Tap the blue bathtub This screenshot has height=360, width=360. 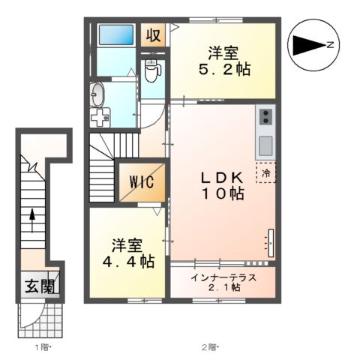(x=115, y=35)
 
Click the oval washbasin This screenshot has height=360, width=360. (x=97, y=94)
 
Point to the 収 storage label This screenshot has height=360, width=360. (x=153, y=34)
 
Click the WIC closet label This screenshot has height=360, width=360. (x=140, y=181)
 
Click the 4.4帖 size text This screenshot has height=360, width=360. (x=128, y=262)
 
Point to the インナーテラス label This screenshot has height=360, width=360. (x=223, y=277)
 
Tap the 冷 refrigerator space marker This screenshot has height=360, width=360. (x=265, y=172)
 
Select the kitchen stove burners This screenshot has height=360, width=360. (x=265, y=116)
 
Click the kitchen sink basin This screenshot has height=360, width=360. (x=265, y=143)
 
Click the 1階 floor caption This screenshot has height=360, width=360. (x=41, y=346)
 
